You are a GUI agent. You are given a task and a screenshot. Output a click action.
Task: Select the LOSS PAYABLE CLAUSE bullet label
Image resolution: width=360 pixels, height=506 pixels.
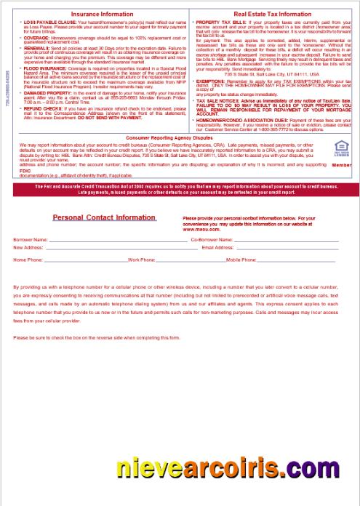46,24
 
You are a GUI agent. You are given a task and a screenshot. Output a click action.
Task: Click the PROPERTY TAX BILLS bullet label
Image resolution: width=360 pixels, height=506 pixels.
217,24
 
